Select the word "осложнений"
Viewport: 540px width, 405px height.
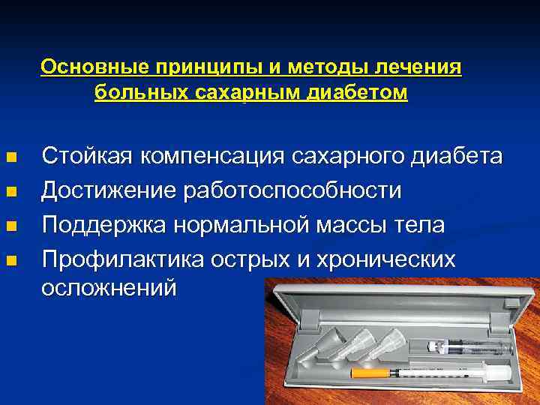click(x=109, y=287)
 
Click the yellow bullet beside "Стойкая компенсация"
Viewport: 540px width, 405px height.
click(x=10, y=158)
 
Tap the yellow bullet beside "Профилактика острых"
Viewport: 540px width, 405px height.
click(x=10, y=261)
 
